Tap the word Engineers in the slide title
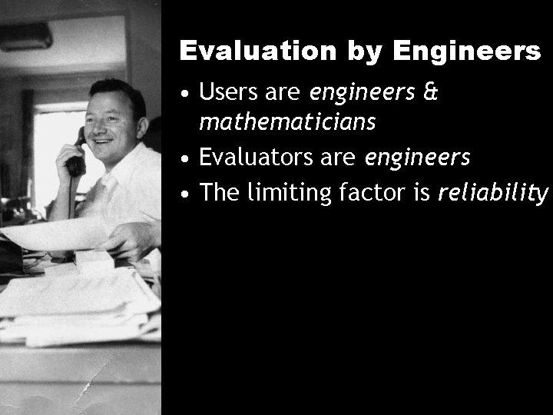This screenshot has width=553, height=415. click(x=467, y=51)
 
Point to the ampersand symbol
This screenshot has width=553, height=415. click(x=430, y=93)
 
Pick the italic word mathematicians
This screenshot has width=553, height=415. click(x=287, y=121)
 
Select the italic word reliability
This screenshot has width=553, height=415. click(x=494, y=192)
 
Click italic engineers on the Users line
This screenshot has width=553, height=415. click(x=363, y=93)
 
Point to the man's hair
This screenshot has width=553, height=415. click(x=115, y=90)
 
